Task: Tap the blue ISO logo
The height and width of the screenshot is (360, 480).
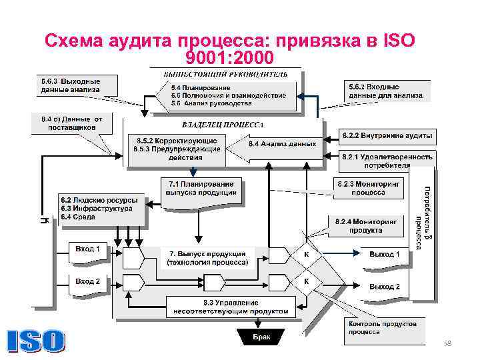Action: coord(37,341)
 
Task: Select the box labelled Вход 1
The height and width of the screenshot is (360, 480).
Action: coord(87,251)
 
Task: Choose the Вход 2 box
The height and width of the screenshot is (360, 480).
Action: coord(87,282)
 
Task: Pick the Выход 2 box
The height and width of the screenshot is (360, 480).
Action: coord(385,287)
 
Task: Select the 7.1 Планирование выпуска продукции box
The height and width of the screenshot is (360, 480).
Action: coord(201,189)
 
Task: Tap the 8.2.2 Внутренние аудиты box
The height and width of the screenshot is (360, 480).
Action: coord(387,137)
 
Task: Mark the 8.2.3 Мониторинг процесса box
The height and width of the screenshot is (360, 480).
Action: coord(368,187)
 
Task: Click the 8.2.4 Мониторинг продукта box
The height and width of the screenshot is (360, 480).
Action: coord(367,226)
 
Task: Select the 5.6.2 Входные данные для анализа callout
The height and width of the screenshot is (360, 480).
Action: coord(385,91)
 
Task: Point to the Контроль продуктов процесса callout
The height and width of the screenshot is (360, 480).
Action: coord(383,327)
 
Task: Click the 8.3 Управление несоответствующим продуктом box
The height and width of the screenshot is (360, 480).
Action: coord(231,307)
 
